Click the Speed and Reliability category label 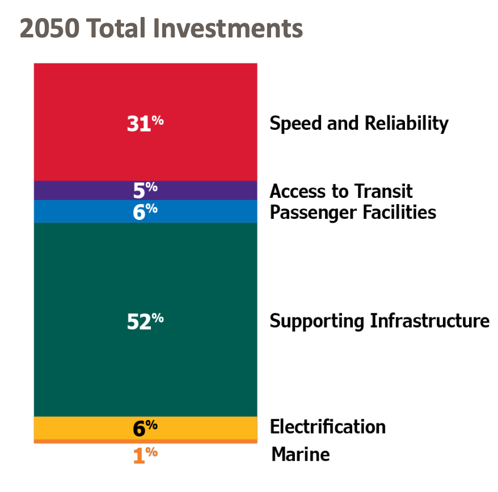(358, 124)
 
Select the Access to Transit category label (341, 191)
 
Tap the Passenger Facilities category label (353, 213)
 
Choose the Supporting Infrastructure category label (379, 321)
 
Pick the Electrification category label (328, 426)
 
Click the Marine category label (300, 455)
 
